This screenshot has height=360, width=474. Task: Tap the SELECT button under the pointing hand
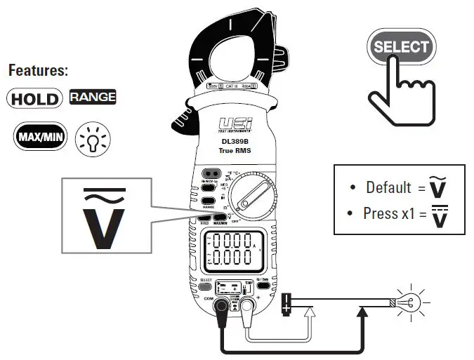(400, 48)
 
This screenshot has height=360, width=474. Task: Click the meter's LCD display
(235, 251)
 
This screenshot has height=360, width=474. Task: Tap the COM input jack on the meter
(220, 307)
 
